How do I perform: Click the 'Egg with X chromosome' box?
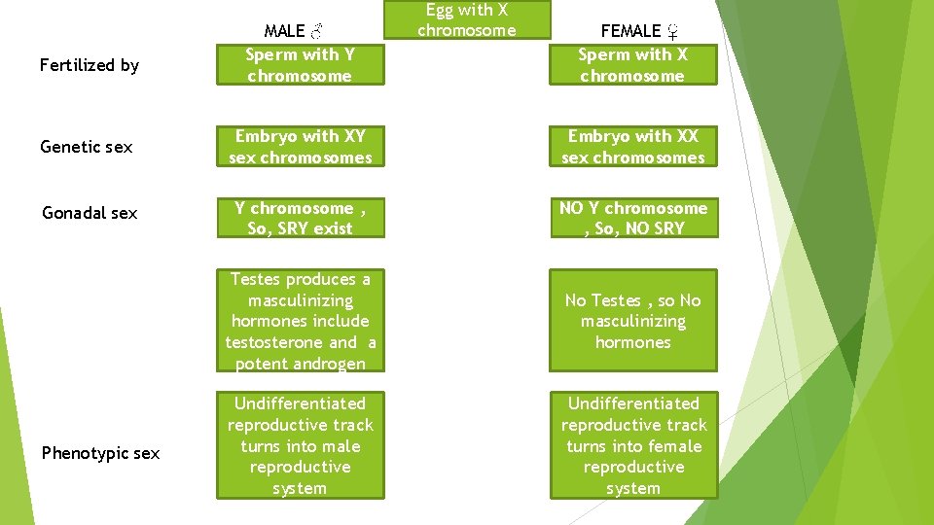tap(466, 19)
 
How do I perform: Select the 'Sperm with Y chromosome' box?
tap(300, 65)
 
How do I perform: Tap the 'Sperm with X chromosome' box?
tap(632, 65)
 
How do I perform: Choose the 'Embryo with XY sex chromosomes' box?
tap(300, 147)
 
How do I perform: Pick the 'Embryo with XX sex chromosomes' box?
tap(632, 147)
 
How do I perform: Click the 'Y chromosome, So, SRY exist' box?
tap(300, 218)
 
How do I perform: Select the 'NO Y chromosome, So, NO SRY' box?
tap(632, 218)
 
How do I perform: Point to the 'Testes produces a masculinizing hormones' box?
tap(300, 321)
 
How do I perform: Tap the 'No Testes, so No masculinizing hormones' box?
tap(632, 321)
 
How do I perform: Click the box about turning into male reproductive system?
tap(300, 445)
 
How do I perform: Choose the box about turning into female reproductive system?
tap(632, 445)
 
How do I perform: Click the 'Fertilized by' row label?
tap(89, 65)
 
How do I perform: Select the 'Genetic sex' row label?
tap(86, 147)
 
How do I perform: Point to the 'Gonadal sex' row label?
tap(89, 213)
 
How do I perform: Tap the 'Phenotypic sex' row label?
tap(100, 453)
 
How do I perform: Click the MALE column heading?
tap(285, 32)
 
